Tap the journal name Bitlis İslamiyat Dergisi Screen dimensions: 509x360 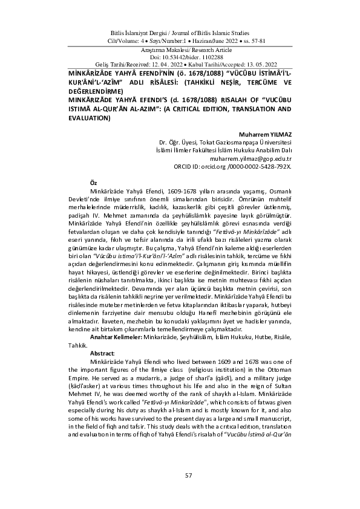tap(140, 30)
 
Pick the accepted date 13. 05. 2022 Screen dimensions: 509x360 tap(255, 63)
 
